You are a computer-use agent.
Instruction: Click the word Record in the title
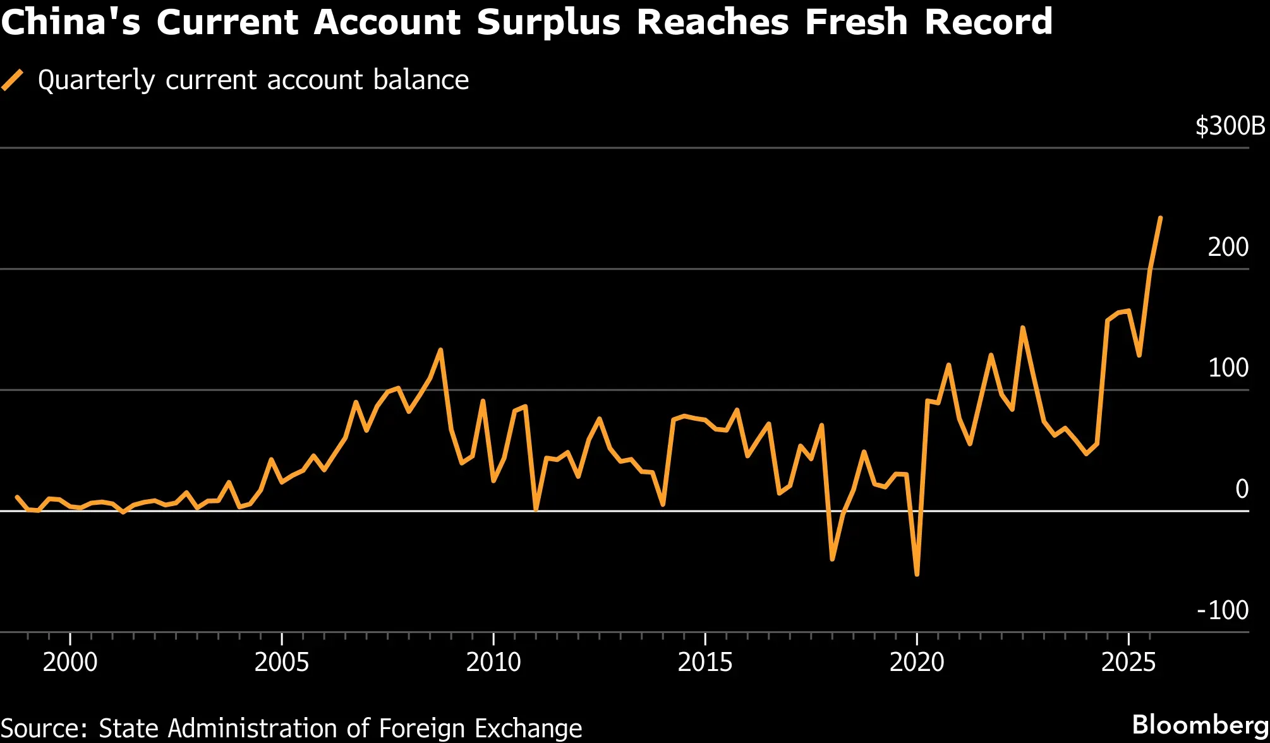[x=988, y=22]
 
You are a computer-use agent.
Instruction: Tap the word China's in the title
[x=71, y=22]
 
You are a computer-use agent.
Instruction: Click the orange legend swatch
[x=12, y=80]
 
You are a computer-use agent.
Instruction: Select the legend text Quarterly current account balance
[x=253, y=81]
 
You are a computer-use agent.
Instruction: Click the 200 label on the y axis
[x=1228, y=247]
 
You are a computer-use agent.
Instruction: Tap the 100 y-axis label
[x=1228, y=368]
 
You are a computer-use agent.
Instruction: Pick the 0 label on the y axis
[x=1242, y=489]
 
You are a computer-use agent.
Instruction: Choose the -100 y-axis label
[x=1223, y=610]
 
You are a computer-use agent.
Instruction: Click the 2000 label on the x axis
[x=70, y=662]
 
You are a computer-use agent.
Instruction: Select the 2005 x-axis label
[x=282, y=662]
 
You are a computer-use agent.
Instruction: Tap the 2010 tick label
[x=493, y=662]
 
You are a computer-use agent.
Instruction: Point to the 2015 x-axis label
[x=705, y=662]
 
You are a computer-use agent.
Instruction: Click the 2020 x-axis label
[x=917, y=662]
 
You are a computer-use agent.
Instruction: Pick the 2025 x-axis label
[x=1128, y=662]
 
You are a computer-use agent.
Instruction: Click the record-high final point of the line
[x=1160, y=218]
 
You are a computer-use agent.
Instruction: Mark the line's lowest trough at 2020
[x=917, y=574]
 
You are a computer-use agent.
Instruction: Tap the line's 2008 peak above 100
[x=440, y=349]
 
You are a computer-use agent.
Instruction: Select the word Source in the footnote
[x=44, y=728]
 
